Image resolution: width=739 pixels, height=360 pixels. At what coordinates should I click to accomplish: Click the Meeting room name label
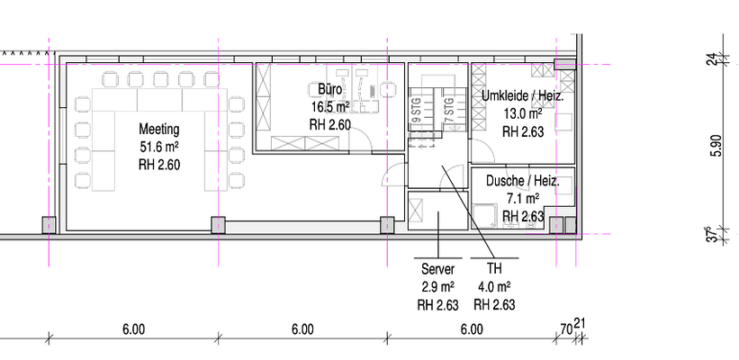click(x=159, y=129)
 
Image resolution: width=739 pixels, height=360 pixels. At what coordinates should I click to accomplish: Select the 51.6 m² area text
click(x=159, y=147)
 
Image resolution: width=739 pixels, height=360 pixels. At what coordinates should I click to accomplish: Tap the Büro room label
click(x=329, y=90)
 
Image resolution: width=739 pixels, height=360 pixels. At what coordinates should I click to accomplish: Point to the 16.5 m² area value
click(x=329, y=107)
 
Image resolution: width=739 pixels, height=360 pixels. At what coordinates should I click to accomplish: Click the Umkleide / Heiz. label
click(x=521, y=96)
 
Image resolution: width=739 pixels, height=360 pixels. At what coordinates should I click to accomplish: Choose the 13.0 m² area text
click(x=522, y=114)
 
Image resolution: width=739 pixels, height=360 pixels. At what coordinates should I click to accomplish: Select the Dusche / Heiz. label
click(x=522, y=181)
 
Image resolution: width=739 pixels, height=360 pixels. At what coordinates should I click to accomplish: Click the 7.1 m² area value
click(x=522, y=199)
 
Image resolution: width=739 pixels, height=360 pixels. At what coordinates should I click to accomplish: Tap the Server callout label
click(x=437, y=269)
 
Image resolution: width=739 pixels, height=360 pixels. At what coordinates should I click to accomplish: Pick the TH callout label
click(x=494, y=269)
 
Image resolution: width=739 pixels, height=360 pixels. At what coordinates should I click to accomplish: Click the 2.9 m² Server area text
click(x=437, y=287)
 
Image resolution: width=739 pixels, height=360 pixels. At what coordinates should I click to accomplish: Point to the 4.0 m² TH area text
click(x=494, y=287)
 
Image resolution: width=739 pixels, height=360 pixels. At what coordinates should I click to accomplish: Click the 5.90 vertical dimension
click(x=716, y=145)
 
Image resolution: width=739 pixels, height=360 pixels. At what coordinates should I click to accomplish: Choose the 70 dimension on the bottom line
click(x=565, y=329)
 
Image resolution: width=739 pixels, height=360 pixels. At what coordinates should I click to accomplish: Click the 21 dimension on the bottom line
click(x=580, y=324)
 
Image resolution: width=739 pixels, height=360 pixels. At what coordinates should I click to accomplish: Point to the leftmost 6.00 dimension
click(x=133, y=329)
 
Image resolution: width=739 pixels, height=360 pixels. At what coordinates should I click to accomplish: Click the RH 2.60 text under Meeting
click(x=159, y=165)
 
